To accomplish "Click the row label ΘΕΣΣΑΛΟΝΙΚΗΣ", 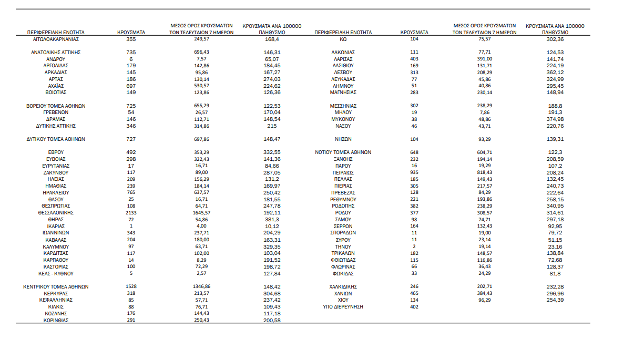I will (x=56, y=213).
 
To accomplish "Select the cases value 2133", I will (x=131, y=213).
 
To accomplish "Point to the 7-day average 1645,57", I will (x=202, y=213).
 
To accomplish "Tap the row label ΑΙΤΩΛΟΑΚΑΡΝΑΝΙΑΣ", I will (x=56, y=39).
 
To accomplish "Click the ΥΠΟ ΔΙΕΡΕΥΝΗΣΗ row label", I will (x=343, y=307).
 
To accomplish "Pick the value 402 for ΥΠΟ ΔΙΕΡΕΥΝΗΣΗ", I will (x=414, y=307).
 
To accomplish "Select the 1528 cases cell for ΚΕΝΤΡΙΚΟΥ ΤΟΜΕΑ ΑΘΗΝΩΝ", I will (x=131, y=287).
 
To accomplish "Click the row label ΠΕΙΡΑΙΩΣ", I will (x=343, y=172).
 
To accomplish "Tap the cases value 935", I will (x=414, y=172).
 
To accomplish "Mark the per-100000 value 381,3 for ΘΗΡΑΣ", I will (x=272, y=220).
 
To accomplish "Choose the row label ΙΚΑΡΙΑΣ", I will (x=56, y=226).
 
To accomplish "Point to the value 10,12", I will (x=272, y=226).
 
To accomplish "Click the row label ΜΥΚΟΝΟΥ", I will (x=343, y=119).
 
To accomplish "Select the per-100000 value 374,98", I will (x=555, y=119).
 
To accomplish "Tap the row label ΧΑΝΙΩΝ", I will (x=343, y=293).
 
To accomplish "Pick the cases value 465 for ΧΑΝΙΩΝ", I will (x=414, y=293).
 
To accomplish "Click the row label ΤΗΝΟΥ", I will (x=343, y=246).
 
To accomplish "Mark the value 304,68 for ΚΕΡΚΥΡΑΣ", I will (x=272, y=293).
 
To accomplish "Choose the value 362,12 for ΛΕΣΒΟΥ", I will (x=555, y=73).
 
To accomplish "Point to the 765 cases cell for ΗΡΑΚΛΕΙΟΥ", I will (x=131, y=193).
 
